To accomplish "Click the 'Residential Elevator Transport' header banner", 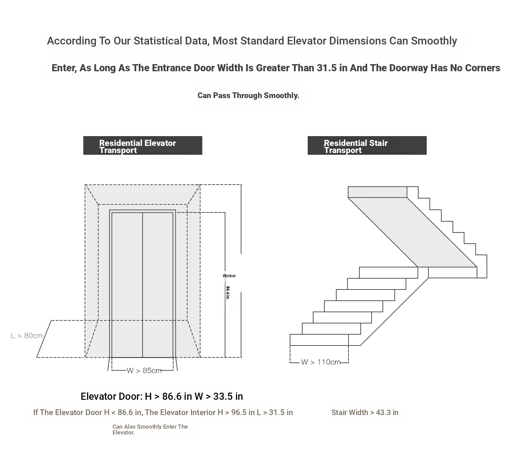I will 142,146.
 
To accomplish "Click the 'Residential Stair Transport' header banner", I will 367,146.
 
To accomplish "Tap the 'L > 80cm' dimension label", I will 27,336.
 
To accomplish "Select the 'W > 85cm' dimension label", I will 144,371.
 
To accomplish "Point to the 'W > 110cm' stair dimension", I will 321,362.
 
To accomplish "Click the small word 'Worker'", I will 229,276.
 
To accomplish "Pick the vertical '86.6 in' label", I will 228,293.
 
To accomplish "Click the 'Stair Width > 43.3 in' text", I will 365,412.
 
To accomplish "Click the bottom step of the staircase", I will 319,340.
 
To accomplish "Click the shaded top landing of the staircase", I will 377,192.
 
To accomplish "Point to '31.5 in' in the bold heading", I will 327,68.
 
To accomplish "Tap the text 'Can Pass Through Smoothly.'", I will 248,95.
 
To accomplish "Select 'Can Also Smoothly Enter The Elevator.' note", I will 150,429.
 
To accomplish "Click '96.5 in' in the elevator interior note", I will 243,412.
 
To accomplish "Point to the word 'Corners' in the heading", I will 482,68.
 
